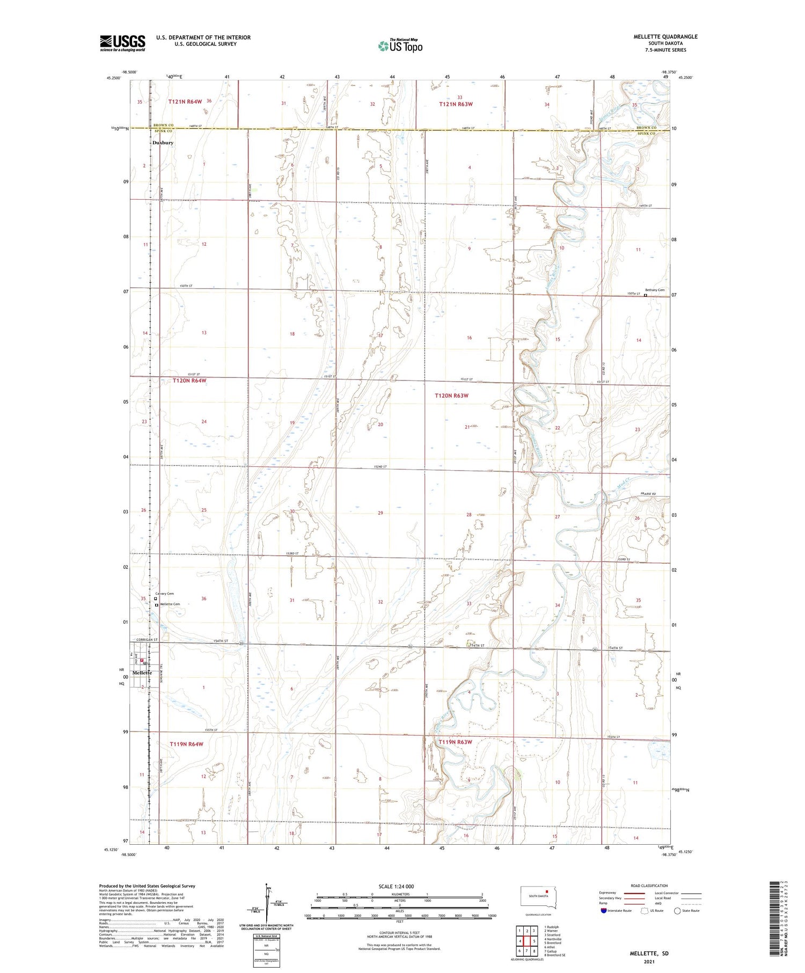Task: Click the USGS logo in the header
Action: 122,43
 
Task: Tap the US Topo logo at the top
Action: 400,46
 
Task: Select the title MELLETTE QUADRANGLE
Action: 665,36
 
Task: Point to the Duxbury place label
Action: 163,143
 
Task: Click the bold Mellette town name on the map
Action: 142,672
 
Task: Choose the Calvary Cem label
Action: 165,594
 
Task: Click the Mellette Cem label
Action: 170,604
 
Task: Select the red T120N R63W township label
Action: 451,396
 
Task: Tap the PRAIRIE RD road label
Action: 648,494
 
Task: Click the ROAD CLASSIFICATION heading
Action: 649,886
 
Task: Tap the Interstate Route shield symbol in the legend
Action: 603,911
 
